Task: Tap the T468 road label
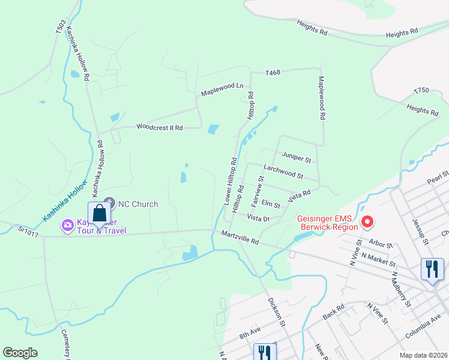tap(273, 73)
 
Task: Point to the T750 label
tap(421, 91)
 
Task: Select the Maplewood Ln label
tap(222, 90)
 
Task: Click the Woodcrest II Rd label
tap(159, 127)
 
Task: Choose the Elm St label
tap(271, 205)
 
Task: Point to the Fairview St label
tap(261, 188)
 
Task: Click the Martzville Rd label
tap(240, 238)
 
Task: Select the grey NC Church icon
tap(109, 204)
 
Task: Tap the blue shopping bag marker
tap(99, 214)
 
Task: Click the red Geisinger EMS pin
tap(367, 223)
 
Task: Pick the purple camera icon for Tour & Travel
tap(68, 226)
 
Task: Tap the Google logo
tap(20, 353)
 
